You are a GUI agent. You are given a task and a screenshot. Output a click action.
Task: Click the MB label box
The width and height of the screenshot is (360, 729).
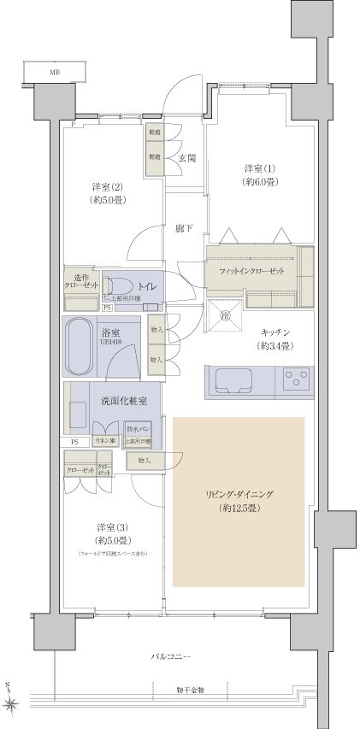pos(54,73)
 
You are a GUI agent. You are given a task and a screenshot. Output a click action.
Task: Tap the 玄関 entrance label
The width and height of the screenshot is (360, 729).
pos(187,158)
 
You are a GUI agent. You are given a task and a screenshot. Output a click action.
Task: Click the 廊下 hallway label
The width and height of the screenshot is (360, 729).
pos(184,229)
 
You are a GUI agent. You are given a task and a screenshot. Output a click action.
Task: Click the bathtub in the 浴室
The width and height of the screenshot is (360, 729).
pos(82,348)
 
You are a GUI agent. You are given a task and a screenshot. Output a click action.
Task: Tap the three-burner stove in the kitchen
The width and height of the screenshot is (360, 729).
pos(297,376)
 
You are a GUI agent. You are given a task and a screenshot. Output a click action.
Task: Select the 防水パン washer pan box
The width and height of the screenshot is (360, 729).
pos(137,427)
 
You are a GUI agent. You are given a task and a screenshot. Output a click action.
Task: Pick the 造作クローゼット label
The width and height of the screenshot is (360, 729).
pos(81,283)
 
